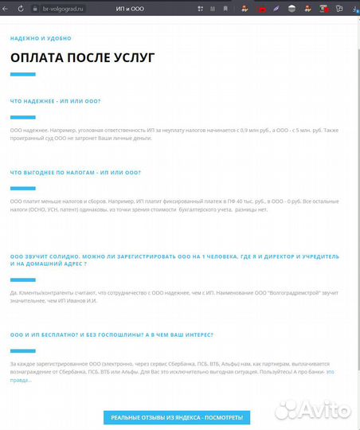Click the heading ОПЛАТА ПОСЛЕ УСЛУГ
pos(82,57)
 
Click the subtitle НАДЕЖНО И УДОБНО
pos(41,38)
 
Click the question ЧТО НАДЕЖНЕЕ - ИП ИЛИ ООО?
pos(56,101)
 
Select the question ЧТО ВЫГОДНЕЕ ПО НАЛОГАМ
pos(75,172)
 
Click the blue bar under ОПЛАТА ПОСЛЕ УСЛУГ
pos(23,75)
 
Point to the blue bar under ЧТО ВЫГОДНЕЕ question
pos(23,189)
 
